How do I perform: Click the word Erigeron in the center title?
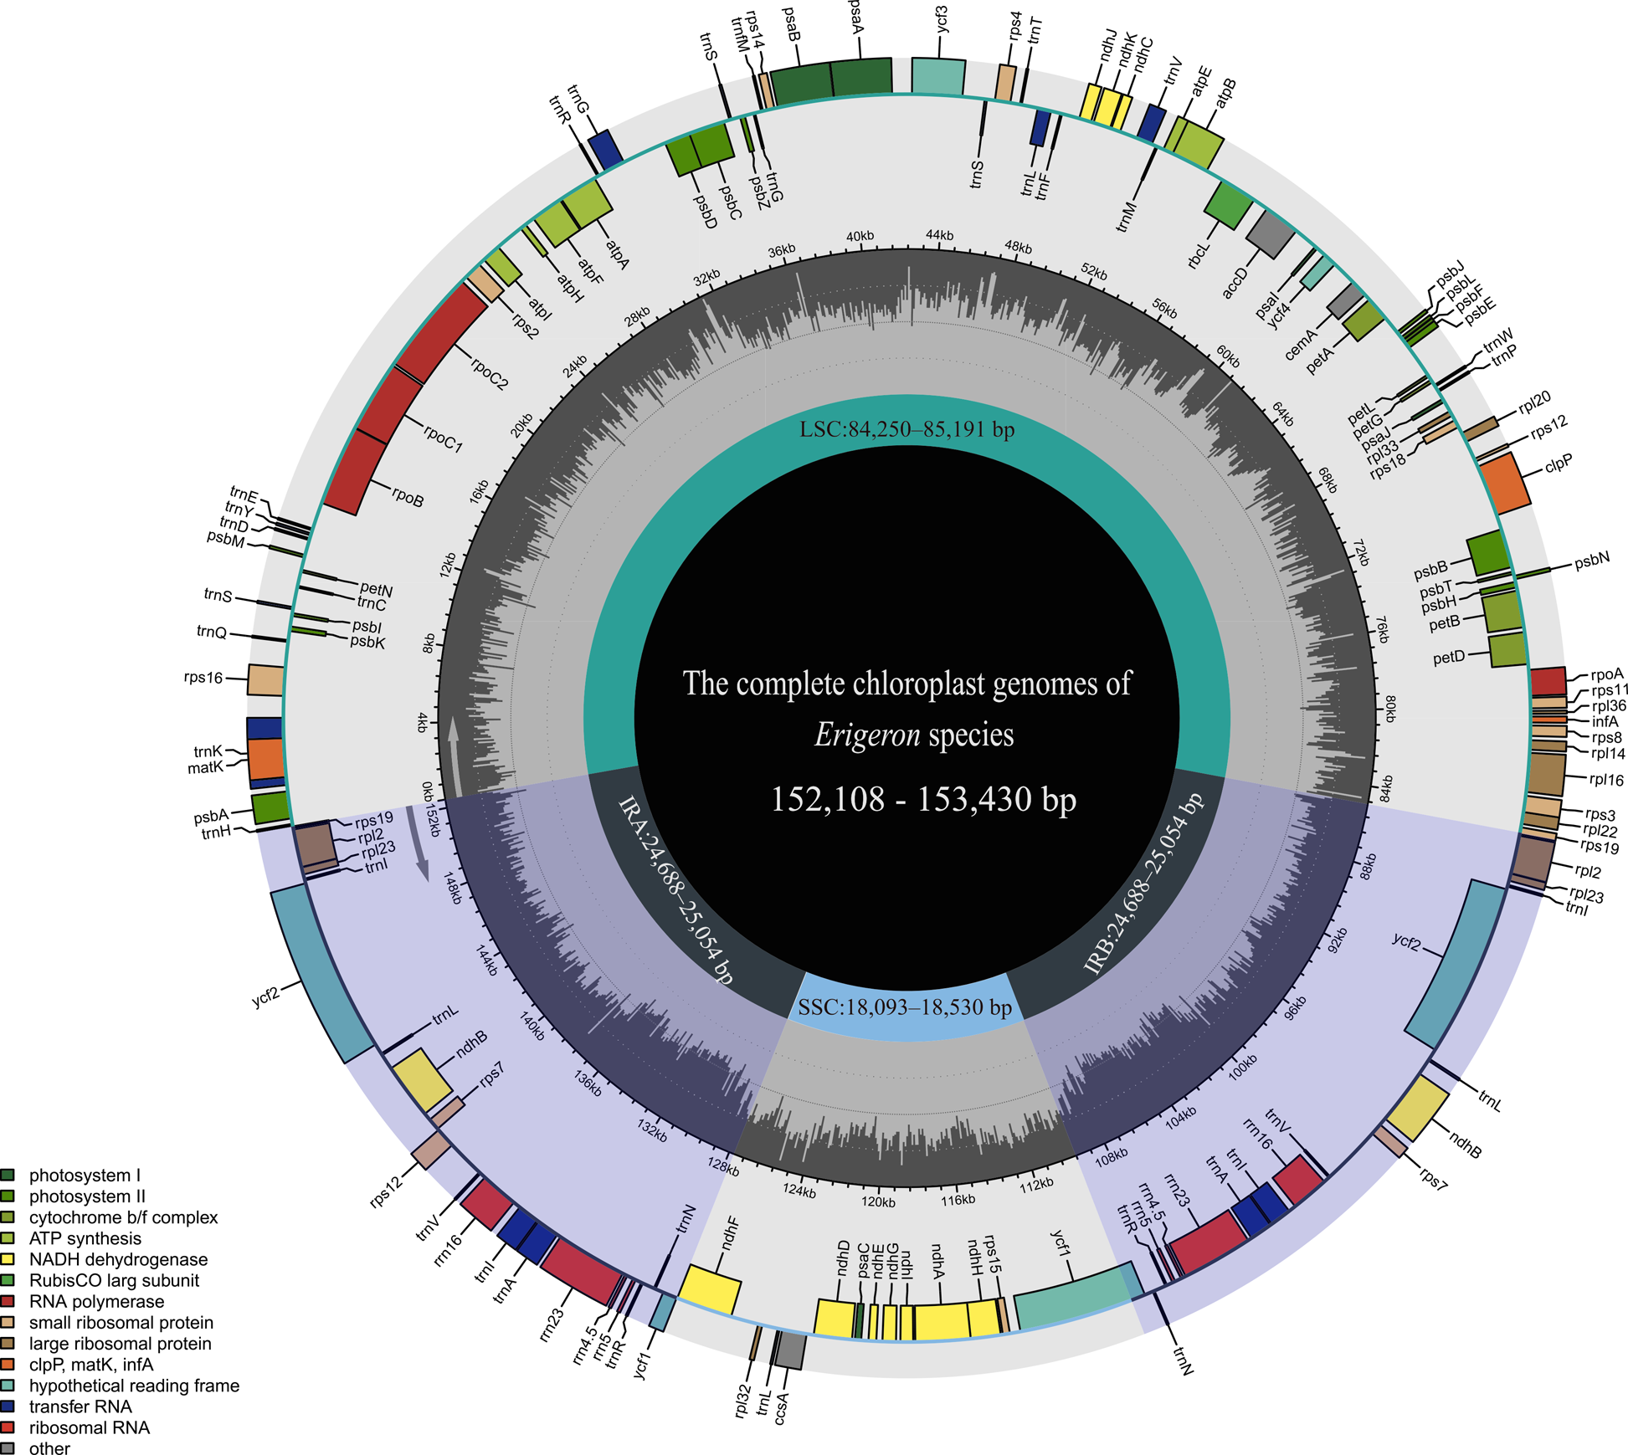(866, 735)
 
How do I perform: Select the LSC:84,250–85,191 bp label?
(906, 430)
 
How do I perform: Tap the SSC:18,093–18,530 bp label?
(905, 1007)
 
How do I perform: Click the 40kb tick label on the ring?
(860, 237)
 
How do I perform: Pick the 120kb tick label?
(878, 1201)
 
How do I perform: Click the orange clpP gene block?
(1505, 483)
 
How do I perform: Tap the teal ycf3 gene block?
(937, 76)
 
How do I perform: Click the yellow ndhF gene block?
(710, 1289)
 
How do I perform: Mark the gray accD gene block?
(1270, 233)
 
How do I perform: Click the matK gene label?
(205, 767)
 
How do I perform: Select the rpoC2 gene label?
(489, 374)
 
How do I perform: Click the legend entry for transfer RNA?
(80, 1406)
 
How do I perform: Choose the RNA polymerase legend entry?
(96, 1301)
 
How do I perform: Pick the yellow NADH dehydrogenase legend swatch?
(8, 1259)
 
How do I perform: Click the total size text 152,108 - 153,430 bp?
(922, 799)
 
